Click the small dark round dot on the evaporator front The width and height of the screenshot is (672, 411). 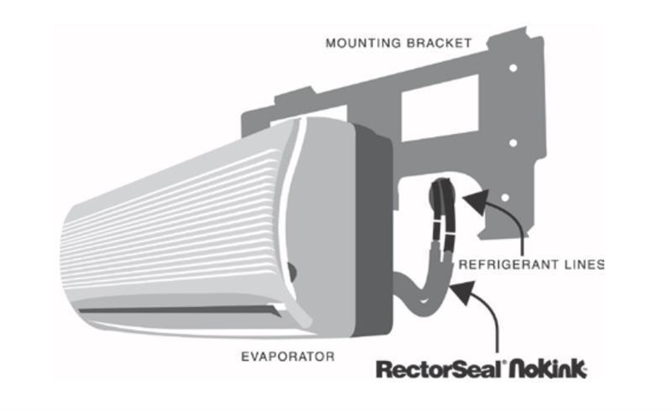pos(291,271)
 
